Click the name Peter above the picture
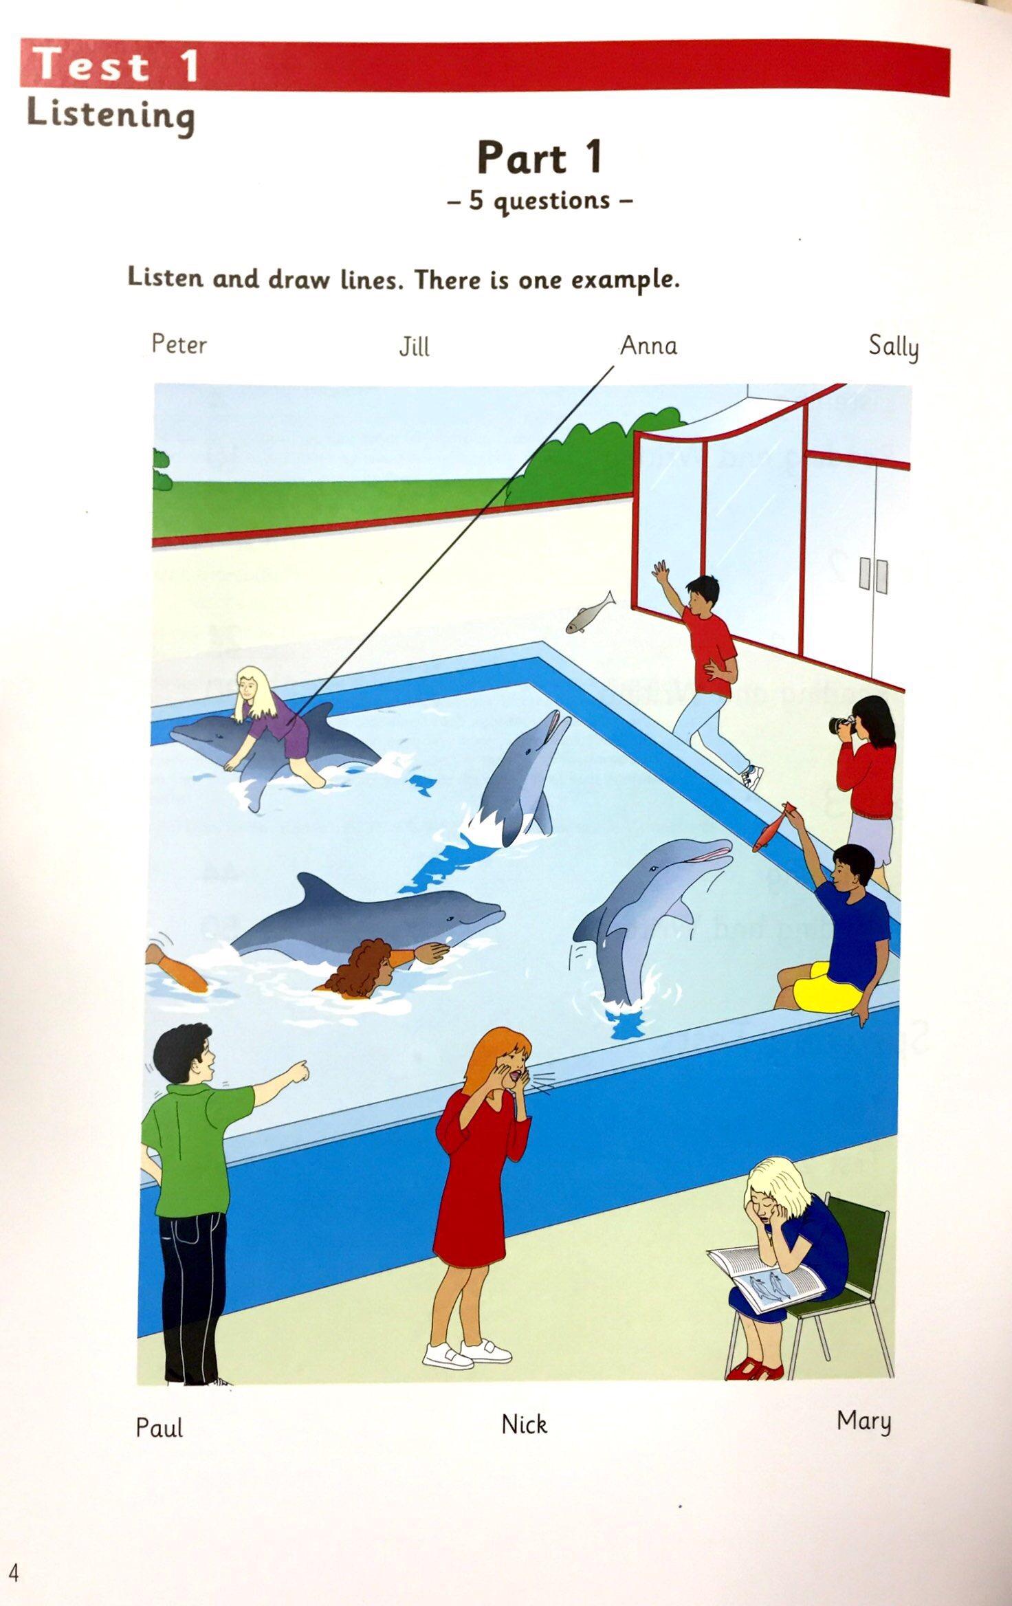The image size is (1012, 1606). [179, 344]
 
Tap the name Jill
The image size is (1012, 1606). [414, 346]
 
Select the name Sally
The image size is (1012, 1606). [893, 346]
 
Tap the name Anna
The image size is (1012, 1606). [648, 345]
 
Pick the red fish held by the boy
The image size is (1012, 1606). [773, 826]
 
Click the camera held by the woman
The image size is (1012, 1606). [840, 723]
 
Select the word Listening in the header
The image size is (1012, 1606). [111, 115]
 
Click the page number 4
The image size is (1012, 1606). [14, 1550]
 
